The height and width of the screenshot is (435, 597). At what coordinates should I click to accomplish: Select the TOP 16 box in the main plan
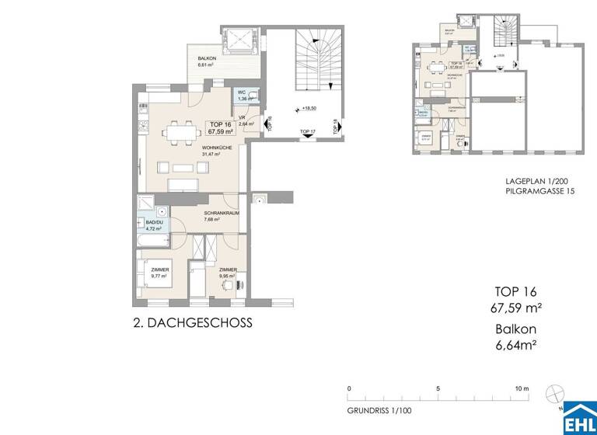tap(222, 127)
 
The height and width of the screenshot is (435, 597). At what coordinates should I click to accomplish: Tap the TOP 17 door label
tap(308, 132)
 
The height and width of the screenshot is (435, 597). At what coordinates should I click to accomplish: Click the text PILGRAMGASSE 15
tap(538, 191)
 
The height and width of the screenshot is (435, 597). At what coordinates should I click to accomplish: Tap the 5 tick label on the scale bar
tap(438, 388)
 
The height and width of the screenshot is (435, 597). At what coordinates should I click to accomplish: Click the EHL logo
tap(579, 418)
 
